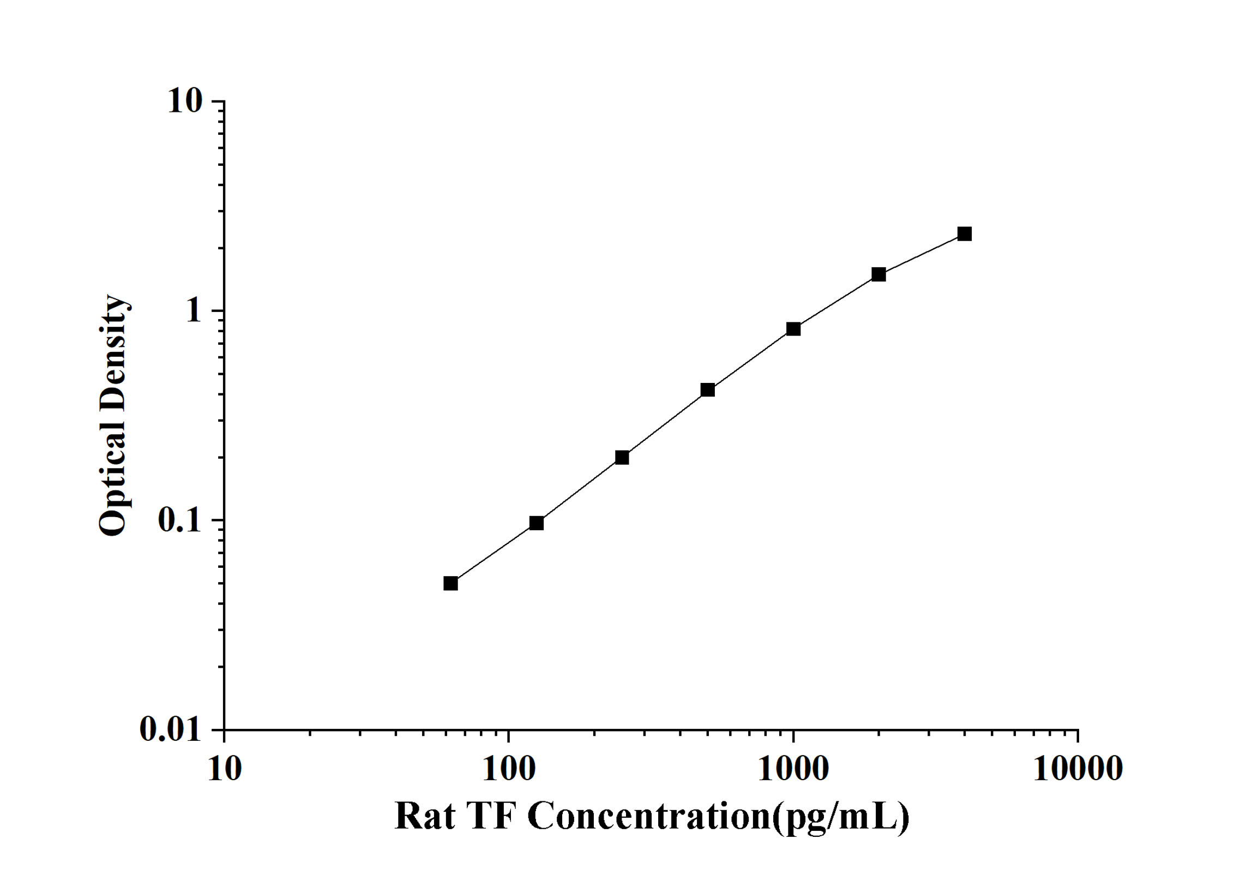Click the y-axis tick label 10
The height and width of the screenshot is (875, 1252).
point(184,101)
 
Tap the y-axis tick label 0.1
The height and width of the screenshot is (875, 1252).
point(179,520)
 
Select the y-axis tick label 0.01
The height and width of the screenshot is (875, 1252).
point(170,729)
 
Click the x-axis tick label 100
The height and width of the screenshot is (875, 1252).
point(509,769)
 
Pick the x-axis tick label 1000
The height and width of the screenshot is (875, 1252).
point(793,769)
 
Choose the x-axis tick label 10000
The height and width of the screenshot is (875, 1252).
point(1078,769)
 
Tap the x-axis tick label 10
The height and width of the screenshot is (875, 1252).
point(224,769)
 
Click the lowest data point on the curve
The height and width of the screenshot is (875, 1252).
point(450,584)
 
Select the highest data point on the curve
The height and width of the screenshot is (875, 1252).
point(964,234)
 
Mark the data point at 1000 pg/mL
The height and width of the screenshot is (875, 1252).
point(793,329)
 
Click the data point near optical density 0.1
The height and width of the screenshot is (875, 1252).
point(537,523)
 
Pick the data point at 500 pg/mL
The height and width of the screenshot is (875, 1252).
point(708,389)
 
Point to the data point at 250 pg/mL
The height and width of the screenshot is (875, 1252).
point(622,457)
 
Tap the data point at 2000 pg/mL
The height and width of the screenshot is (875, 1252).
point(878,274)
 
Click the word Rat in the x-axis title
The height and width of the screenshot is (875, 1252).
point(425,817)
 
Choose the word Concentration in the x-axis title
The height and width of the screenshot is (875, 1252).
point(648,817)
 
